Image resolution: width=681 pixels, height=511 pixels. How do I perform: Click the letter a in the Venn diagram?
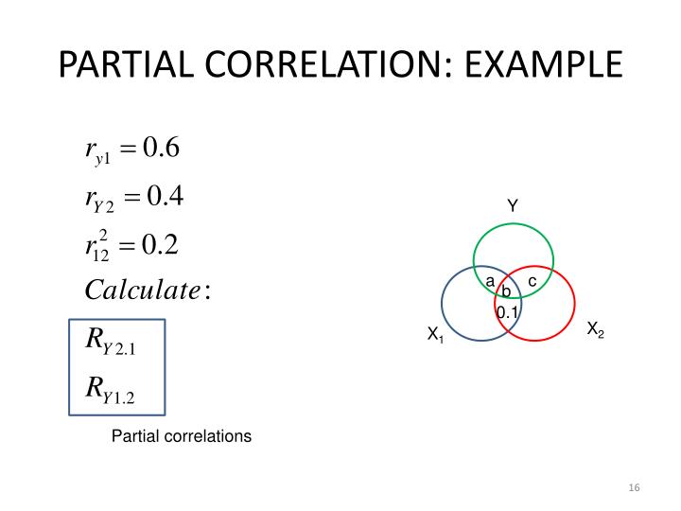pos(490,281)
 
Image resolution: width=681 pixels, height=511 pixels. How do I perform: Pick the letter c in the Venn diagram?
pos(532,281)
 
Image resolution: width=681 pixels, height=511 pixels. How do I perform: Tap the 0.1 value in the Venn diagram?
pos(507,311)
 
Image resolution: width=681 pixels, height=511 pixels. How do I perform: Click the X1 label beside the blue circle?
pos(435,334)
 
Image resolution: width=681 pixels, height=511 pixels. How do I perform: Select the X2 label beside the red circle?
pos(595,329)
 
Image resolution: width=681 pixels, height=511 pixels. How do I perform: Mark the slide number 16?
pos(634,487)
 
